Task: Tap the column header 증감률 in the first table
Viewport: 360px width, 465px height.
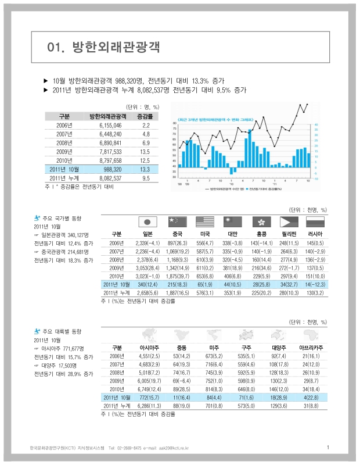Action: point(145,116)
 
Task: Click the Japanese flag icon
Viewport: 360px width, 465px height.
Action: point(147,221)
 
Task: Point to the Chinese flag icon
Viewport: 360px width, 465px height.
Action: point(175,221)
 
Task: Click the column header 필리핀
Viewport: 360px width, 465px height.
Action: point(288,233)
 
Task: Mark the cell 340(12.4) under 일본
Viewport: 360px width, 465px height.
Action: point(147,284)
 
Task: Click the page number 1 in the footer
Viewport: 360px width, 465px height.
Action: point(328,447)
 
